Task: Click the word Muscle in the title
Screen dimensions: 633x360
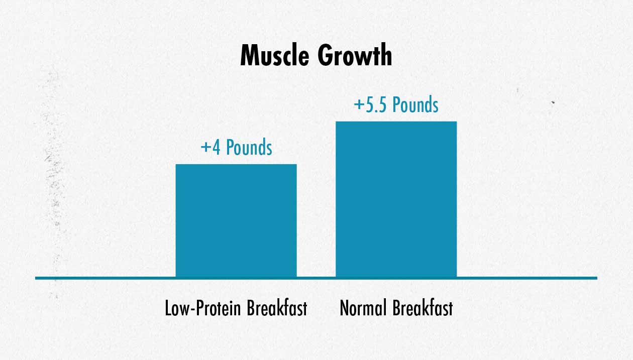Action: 275,55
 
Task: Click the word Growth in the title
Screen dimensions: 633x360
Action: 355,55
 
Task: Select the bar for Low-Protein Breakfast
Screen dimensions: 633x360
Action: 236,221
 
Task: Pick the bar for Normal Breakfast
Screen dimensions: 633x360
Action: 396,199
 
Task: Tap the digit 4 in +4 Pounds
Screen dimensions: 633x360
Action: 216,148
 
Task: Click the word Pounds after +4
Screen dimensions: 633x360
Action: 249,147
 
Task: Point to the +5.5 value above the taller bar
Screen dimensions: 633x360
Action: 371,105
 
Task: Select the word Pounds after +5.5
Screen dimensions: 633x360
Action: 415,104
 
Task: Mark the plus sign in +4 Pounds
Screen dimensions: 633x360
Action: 206,148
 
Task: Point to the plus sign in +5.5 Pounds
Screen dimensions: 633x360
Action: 359,105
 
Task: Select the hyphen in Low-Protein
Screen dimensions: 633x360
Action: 192,310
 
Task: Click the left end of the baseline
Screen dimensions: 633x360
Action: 35,278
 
